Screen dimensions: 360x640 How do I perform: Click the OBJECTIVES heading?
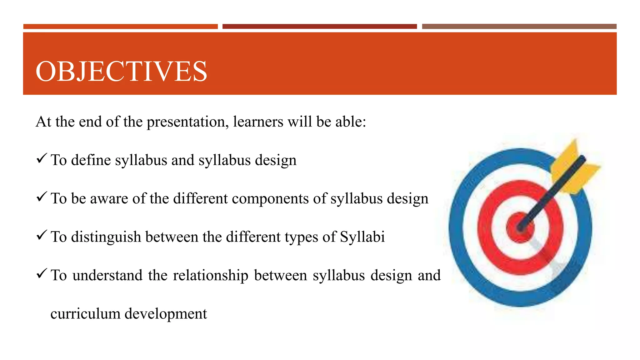click(x=121, y=71)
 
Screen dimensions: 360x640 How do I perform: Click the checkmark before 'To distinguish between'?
click(x=42, y=235)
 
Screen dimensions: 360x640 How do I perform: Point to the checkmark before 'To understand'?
click(x=42, y=273)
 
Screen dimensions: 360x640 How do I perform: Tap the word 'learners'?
click(x=258, y=121)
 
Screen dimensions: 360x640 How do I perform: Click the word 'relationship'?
click(x=211, y=275)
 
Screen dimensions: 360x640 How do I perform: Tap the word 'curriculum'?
click(x=85, y=313)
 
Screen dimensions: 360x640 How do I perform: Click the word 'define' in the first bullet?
click(x=91, y=160)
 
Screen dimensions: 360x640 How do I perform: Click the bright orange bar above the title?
click(x=120, y=27)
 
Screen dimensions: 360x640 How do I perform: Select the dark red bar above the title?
click(x=319, y=27)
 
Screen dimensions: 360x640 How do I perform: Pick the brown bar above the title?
click(x=519, y=27)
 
